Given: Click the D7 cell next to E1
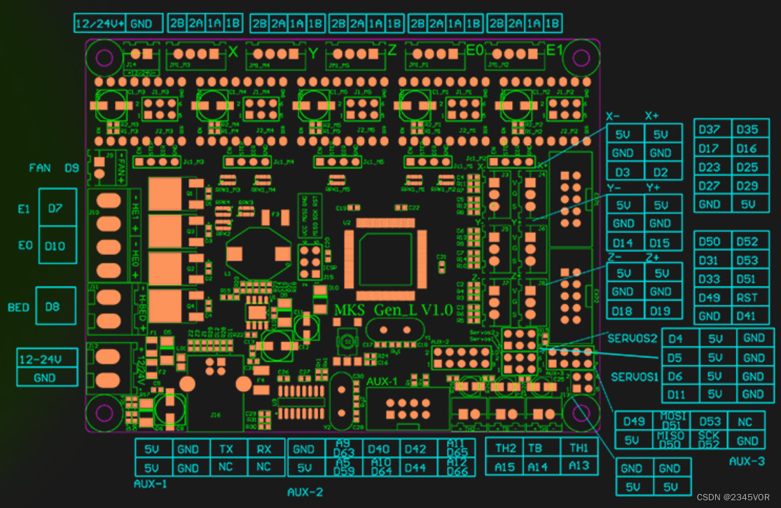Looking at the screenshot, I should (55, 207).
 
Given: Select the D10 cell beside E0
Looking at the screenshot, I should (55, 246).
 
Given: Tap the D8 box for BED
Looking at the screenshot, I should (53, 307).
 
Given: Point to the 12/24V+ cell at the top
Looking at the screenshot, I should (100, 24).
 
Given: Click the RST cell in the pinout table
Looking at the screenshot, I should (747, 297).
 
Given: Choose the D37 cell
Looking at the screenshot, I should (710, 130).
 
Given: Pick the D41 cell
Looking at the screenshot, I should (747, 316).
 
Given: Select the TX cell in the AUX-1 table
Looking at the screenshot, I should (226, 449).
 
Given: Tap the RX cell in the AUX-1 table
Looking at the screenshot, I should (264, 449).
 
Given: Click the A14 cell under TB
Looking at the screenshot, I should (537, 466).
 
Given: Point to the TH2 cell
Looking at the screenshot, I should (505, 448).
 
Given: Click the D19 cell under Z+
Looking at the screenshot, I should (661, 310).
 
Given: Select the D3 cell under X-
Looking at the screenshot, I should (623, 172).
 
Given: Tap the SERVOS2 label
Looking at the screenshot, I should (633, 338).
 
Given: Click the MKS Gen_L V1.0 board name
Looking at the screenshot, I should (393, 310).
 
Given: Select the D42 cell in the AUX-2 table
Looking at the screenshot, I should (415, 449).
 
